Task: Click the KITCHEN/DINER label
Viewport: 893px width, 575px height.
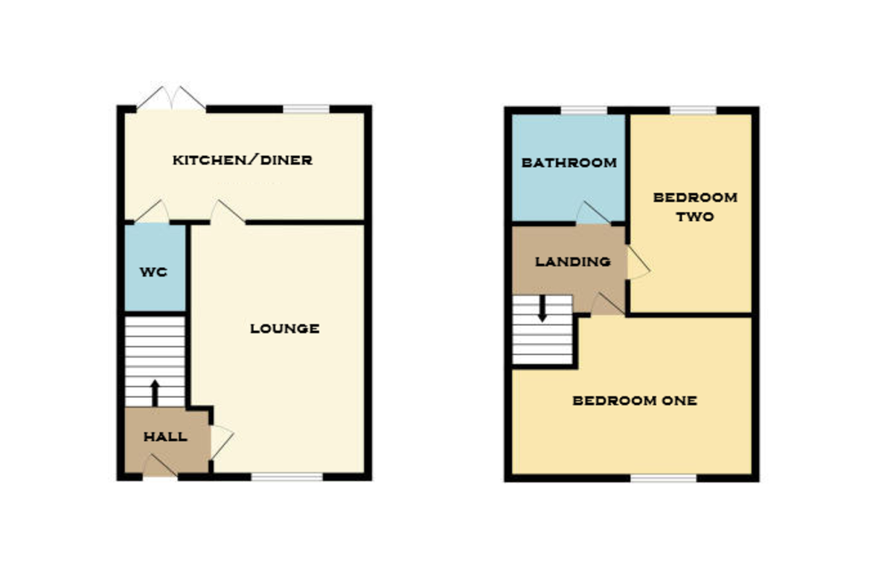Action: (243, 160)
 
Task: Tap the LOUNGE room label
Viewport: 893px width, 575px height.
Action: (285, 328)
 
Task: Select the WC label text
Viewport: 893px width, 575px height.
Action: (153, 272)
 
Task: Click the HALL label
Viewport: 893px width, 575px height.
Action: (165, 437)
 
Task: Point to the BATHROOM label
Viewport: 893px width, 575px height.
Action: (569, 162)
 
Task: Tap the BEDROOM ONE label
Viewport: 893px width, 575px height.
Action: (635, 400)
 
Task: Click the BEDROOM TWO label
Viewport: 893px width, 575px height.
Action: (694, 207)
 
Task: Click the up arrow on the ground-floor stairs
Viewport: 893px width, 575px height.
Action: (155, 391)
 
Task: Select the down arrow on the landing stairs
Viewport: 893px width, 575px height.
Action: (542, 308)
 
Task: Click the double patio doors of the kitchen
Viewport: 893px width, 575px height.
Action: (171, 100)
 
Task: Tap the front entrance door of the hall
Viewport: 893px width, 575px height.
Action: (159, 467)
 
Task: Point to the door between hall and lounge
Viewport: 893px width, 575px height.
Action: (221, 441)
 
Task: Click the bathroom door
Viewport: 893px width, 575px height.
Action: (593, 213)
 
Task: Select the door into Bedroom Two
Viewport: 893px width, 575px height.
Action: (638, 263)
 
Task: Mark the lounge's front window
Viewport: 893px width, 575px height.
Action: (287, 476)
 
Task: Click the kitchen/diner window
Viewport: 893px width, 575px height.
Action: (306, 109)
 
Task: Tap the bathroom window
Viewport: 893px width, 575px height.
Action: (583, 110)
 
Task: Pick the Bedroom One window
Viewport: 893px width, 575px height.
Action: (664, 478)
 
